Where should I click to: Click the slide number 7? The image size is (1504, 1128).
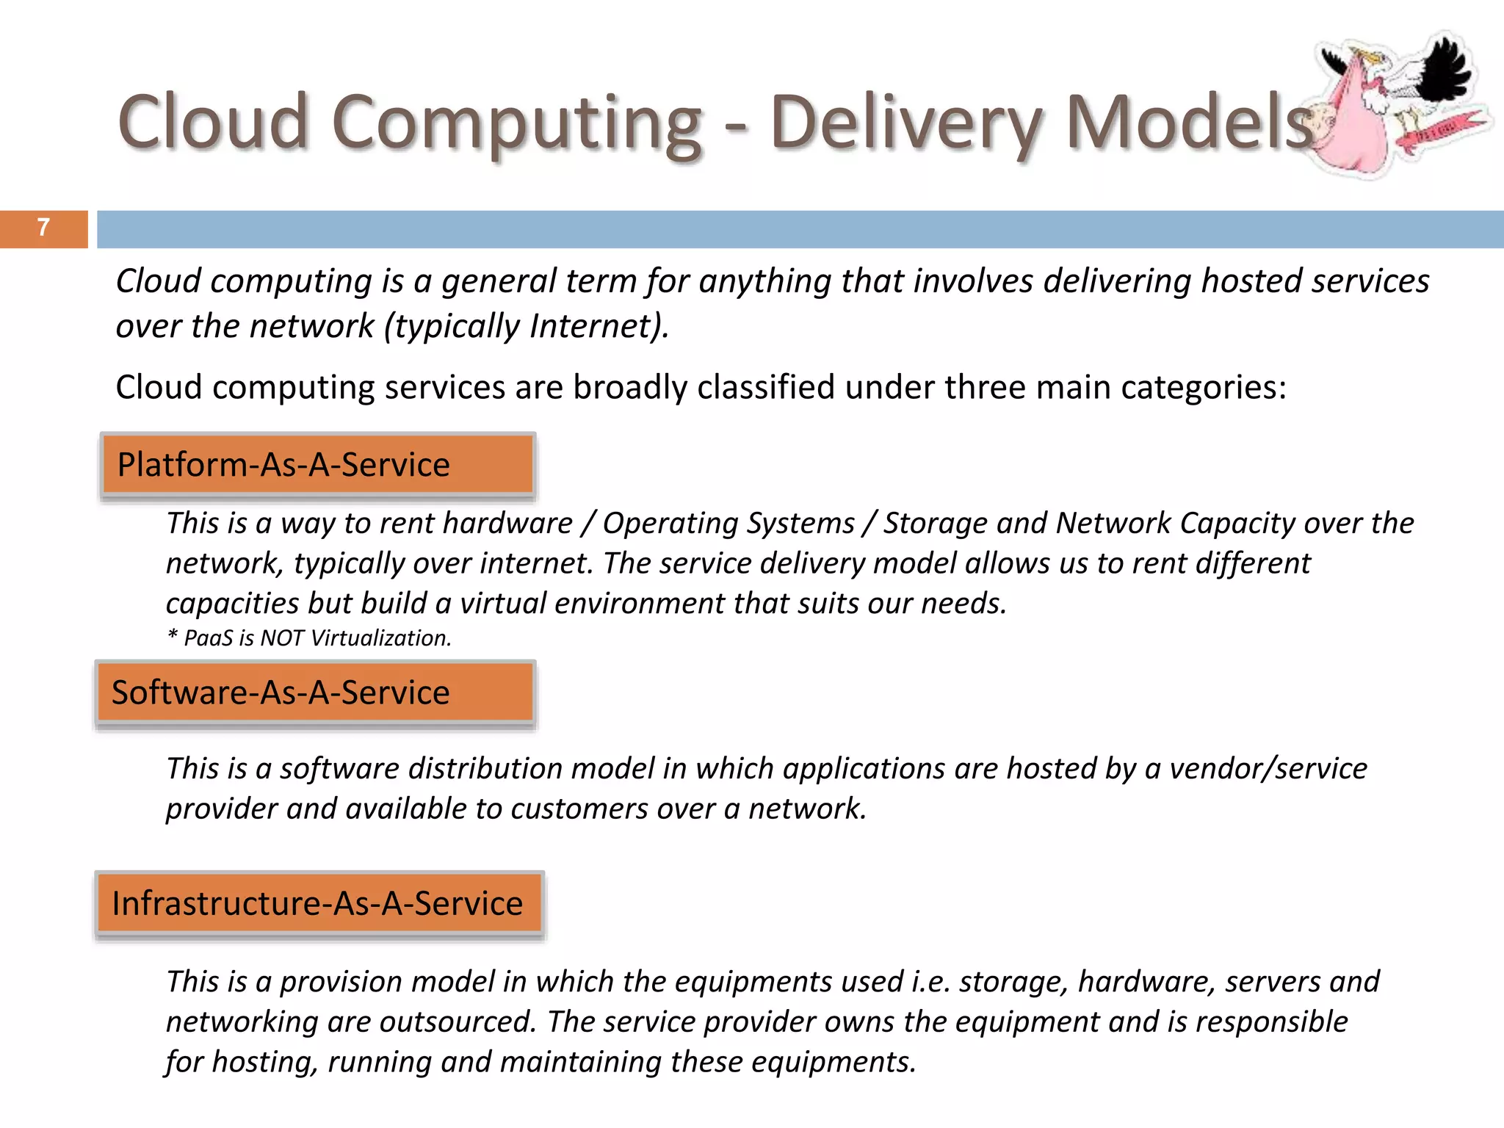tap(43, 228)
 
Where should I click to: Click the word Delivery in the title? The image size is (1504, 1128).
tap(906, 123)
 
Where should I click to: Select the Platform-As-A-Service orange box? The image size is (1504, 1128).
tap(317, 465)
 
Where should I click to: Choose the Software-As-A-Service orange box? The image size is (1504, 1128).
tap(315, 693)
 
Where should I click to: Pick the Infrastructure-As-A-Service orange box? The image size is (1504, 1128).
tap(319, 903)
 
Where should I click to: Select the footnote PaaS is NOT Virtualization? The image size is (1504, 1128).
tap(309, 638)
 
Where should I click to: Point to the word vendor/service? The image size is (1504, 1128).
tap(1268, 769)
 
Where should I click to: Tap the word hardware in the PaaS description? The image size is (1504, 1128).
tap(507, 524)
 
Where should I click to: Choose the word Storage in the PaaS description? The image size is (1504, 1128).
tap(935, 524)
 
